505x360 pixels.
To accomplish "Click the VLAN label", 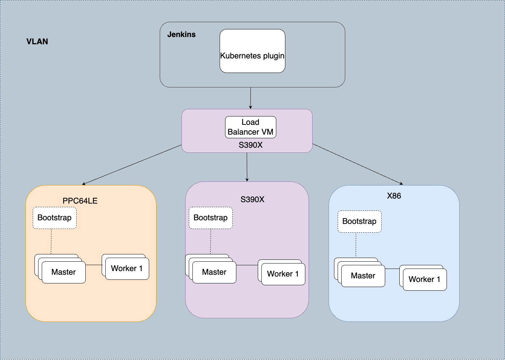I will (37, 41).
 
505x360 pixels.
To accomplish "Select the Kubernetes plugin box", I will (252, 51).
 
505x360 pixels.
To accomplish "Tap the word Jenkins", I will (181, 34).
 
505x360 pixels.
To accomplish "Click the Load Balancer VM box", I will (251, 127).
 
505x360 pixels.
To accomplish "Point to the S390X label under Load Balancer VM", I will (251, 145).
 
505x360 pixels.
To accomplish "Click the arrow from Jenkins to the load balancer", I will (251, 98).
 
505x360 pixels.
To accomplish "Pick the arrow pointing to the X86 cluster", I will (358, 164).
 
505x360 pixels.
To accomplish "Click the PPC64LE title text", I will (80, 201).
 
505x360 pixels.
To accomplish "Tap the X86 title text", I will (394, 196).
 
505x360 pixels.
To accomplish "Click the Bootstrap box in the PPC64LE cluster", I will (54, 218).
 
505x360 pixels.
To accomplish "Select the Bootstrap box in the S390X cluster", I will (211, 218).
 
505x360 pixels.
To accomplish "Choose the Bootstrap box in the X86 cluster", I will (359, 221).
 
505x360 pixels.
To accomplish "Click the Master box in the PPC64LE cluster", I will (64, 272).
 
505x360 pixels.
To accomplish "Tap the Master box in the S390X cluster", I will (214, 272).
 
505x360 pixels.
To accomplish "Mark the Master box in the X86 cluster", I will (363, 276).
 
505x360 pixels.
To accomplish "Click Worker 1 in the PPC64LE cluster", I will (127, 269).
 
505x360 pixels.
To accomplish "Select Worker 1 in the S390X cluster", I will (283, 274).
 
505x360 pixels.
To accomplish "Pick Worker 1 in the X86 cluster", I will (425, 279).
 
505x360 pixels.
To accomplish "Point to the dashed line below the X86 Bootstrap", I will (356, 245).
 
